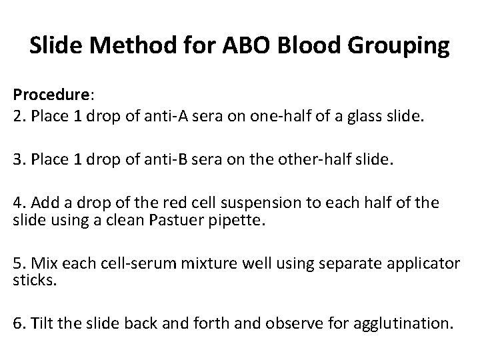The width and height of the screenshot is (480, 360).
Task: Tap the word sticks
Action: coord(31,281)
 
